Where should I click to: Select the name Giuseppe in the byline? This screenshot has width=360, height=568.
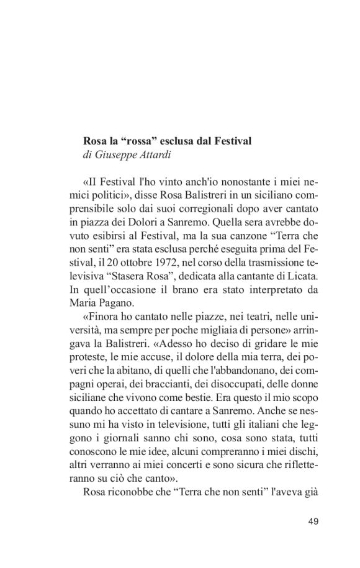coord(114,155)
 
